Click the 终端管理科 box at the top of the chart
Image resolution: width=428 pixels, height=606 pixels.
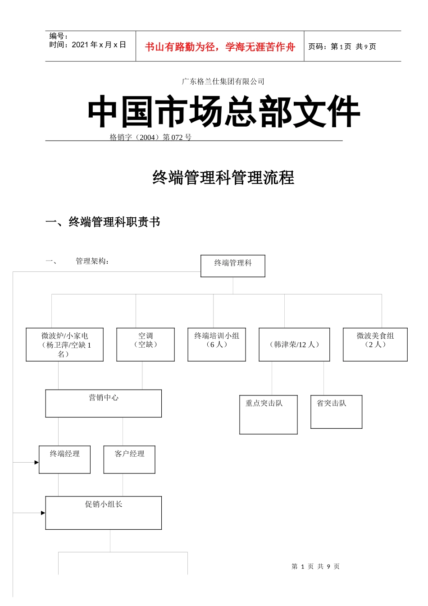pyautogui.click(x=232, y=266)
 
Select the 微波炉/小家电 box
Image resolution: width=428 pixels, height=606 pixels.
pyautogui.click(x=65, y=344)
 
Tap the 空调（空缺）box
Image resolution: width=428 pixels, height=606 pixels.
pyautogui.click(x=146, y=344)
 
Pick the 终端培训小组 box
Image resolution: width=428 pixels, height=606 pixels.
pyautogui.click(x=217, y=344)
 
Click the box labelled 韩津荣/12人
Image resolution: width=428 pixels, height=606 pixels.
pyautogui.click(x=294, y=344)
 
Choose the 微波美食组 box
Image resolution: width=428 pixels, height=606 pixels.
pyautogui.click(x=375, y=344)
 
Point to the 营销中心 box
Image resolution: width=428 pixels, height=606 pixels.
pyautogui.click(x=103, y=403)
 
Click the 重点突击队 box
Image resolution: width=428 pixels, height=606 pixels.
pyautogui.click(x=268, y=414)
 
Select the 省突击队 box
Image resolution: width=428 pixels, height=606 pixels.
pyautogui.click(x=336, y=412)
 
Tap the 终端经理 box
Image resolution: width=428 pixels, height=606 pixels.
pyautogui.click(x=64, y=459)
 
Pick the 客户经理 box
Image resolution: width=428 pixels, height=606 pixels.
pyautogui.click(x=129, y=459)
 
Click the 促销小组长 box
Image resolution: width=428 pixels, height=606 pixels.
pyautogui.click(x=103, y=513)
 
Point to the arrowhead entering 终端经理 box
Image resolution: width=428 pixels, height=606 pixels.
pyautogui.click(x=36, y=462)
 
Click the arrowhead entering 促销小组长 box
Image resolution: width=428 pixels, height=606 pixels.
pyautogui.click(x=43, y=513)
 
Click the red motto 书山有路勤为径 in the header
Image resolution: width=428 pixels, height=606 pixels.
pyautogui.click(x=220, y=47)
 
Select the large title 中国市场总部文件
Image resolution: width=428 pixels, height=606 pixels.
pyautogui.click(x=224, y=111)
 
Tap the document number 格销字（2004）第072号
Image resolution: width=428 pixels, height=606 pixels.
pyautogui.click(x=150, y=138)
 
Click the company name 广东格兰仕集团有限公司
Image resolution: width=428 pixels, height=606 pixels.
pyautogui.click(x=223, y=82)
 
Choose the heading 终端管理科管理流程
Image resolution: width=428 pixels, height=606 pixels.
pyautogui.click(x=223, y=178)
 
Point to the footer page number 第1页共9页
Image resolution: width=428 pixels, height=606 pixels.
pyautogui.click(x=315, y=566)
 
